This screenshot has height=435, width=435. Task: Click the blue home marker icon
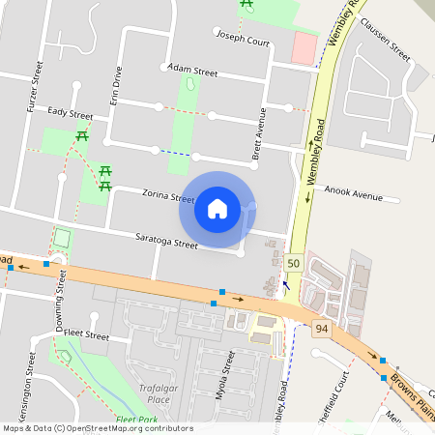coord(217,209)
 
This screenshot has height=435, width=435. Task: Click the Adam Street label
coord(191,71)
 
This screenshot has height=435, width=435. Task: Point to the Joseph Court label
coord(243,42)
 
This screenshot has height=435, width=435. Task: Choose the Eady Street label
coord(69,113)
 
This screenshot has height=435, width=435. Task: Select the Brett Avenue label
coord(259,133)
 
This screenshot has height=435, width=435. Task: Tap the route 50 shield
coord(293,263)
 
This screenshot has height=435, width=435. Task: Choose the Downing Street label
coord(60,300)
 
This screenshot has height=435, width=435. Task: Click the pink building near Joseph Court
coord(304,47)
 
